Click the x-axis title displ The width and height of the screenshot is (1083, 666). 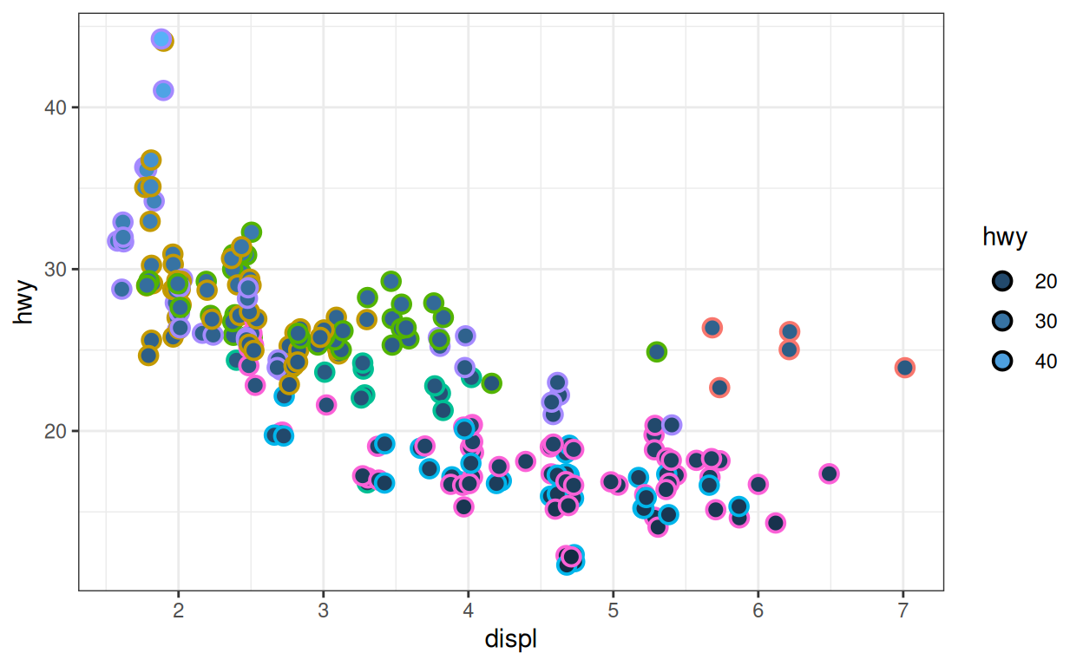click(x=510, y=640)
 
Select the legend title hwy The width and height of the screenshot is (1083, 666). click(x=1004, y=237)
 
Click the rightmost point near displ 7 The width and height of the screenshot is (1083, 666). click(x=905, y=368)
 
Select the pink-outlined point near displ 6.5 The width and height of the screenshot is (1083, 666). click(x=829, y=473)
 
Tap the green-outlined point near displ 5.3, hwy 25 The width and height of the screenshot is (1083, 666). click(x=656, y=352)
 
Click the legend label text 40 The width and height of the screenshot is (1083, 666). click(x=1046, y=361)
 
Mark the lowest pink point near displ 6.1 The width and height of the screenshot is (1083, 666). click(x=776, y=522)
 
